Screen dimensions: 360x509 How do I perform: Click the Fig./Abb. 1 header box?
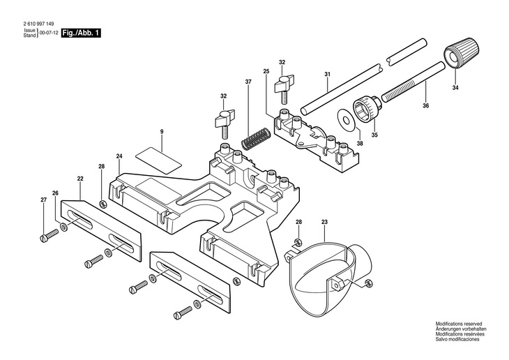[80, 33]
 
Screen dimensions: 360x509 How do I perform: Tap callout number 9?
[161, 132]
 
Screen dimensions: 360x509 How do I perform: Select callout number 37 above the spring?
[248, 82]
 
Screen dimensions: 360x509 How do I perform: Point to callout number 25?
[266, 71]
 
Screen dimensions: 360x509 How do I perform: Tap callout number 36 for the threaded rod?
[426, 106]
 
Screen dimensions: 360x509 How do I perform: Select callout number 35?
[373, 136]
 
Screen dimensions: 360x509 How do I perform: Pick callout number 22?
[80, 179]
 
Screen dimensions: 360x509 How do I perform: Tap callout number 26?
[55, 193]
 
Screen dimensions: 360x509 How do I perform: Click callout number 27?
[43, 201]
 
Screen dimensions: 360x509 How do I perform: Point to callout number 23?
[324, 223]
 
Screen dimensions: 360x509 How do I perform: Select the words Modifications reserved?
[459, 324]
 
